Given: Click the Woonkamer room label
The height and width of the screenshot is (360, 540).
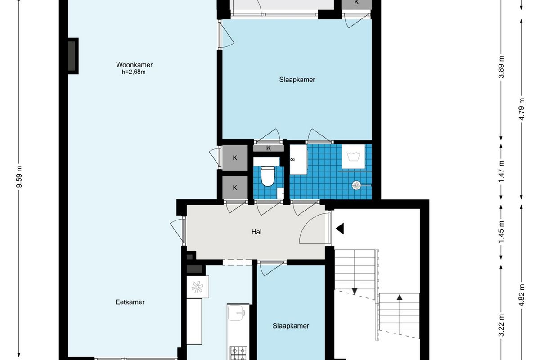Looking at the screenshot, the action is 134,65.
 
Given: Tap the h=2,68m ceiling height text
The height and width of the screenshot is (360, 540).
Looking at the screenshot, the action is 134,72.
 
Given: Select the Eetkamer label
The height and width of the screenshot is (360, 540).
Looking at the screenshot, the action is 130,302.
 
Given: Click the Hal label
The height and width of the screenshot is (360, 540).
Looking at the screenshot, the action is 256,232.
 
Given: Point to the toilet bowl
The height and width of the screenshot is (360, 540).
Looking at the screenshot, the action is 268,176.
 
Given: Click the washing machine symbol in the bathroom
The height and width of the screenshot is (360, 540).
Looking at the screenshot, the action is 353,157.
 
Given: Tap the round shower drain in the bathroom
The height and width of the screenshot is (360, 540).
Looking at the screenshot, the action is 356,185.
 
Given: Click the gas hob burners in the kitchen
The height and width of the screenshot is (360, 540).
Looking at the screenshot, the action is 238,353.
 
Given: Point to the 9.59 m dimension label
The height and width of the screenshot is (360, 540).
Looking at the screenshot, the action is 19,176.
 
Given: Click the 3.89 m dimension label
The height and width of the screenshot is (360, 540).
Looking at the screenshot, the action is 501,67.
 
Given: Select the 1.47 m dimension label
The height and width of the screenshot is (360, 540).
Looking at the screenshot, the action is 501,171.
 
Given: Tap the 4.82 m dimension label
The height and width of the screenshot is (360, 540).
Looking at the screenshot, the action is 522,295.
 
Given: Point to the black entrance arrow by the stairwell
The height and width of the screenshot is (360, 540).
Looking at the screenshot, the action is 340,229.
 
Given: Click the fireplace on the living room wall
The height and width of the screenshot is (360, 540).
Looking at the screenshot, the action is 73,56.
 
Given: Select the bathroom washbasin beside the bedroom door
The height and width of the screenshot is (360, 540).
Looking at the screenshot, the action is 298,159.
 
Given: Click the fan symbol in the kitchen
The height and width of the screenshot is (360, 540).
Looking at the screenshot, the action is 198,287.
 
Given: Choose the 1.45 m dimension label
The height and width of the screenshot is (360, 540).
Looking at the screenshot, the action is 501,232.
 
